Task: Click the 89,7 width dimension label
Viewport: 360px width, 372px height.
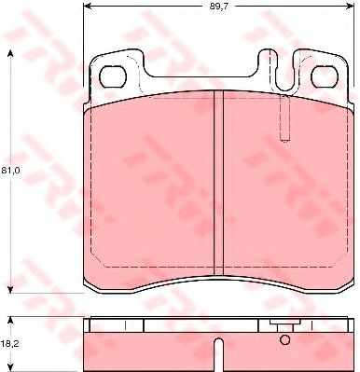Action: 219,7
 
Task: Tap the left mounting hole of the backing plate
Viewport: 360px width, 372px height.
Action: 112,77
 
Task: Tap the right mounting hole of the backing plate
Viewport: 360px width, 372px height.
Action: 325,77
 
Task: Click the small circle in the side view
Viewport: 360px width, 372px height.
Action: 284,339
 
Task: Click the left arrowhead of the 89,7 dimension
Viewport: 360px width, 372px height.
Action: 88,7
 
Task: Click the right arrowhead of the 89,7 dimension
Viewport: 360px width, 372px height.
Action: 350,7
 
